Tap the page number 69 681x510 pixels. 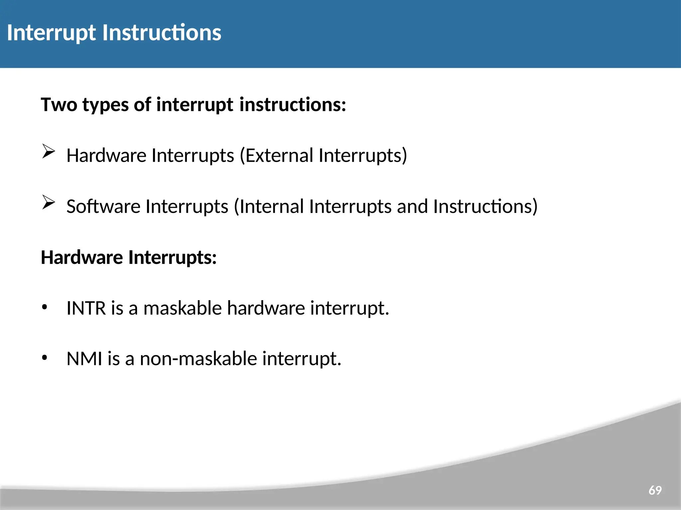click(655, 490)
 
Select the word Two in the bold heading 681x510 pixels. click(59, 105)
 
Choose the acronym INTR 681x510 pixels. click(86, 308)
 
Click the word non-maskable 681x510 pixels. click(199, 359)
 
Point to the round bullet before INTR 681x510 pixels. click(45, 307)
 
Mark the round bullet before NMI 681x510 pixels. click(45, 358)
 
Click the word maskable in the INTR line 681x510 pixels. click(182, 308)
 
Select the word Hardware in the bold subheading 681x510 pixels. click(82, 257)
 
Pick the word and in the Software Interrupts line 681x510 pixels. click(412, 206)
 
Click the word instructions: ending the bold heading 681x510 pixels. click(293, 105)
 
